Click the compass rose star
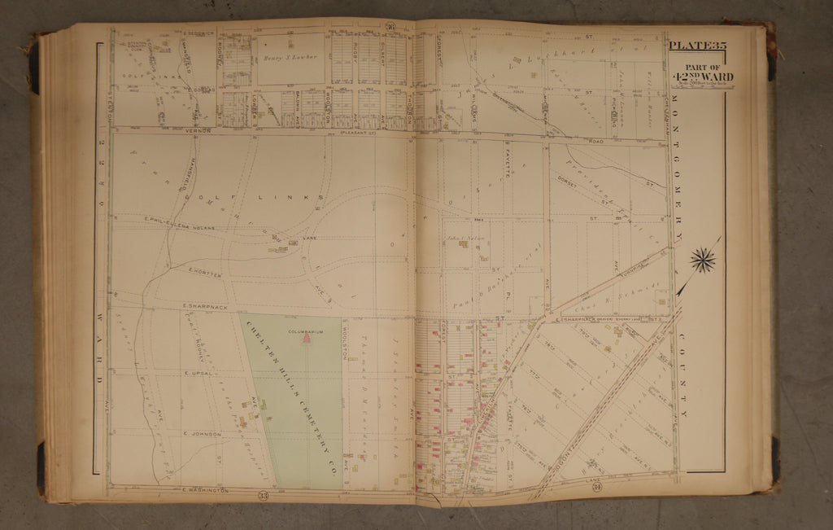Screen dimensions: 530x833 pyautogui.click(x=703, y=261)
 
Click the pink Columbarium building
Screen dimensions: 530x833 pyautogui.click(x=307, y=339)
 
